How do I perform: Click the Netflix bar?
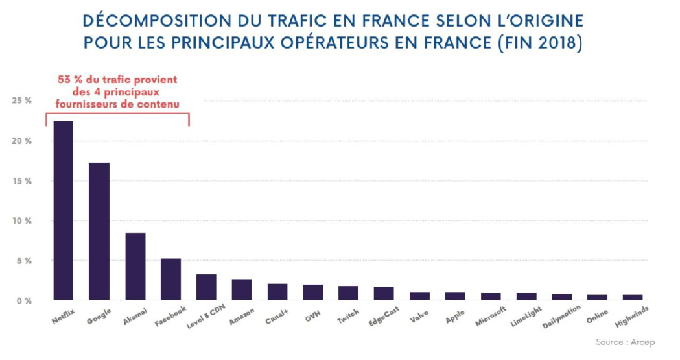[63, 211]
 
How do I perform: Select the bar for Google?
[99, 232]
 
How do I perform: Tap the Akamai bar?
[135, 267]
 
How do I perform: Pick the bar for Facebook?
[170, 280]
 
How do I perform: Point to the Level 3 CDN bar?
[206, 287]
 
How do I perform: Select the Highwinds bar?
[633, 298]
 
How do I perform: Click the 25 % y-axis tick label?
[21, 101]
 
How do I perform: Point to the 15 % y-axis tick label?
[21, 181]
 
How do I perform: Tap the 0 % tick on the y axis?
[23, 300]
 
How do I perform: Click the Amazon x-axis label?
[241, 315]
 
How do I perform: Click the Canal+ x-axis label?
[276, 315]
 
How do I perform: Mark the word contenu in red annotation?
[160, 102]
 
